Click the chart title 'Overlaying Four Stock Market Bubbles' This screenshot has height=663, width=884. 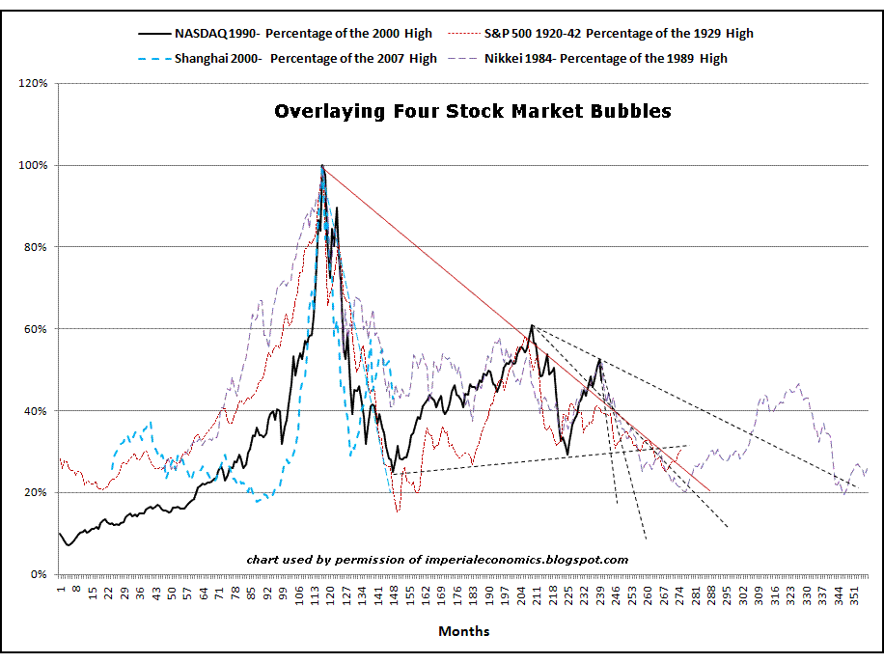[x=473, y=111]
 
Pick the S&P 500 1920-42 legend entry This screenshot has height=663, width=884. [x=618, y=34]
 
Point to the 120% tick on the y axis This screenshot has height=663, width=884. [x=33, y=83]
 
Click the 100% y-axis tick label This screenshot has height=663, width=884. [x=33, y=165]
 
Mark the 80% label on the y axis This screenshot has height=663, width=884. [x=35, y=247]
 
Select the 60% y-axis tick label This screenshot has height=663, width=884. [x=35, y=329]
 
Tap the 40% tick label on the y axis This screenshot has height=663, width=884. [x=35, y=411]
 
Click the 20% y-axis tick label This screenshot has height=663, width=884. [x=35, y=493]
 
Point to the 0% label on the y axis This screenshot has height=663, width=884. [x=38, y=575]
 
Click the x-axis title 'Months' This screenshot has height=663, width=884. [x=463, y=632]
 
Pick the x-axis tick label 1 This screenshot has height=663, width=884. [x=60, y=588]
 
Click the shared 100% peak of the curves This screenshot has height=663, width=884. [x=322, y=166]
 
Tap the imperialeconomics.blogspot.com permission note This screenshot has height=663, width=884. [x=437, y=560]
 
